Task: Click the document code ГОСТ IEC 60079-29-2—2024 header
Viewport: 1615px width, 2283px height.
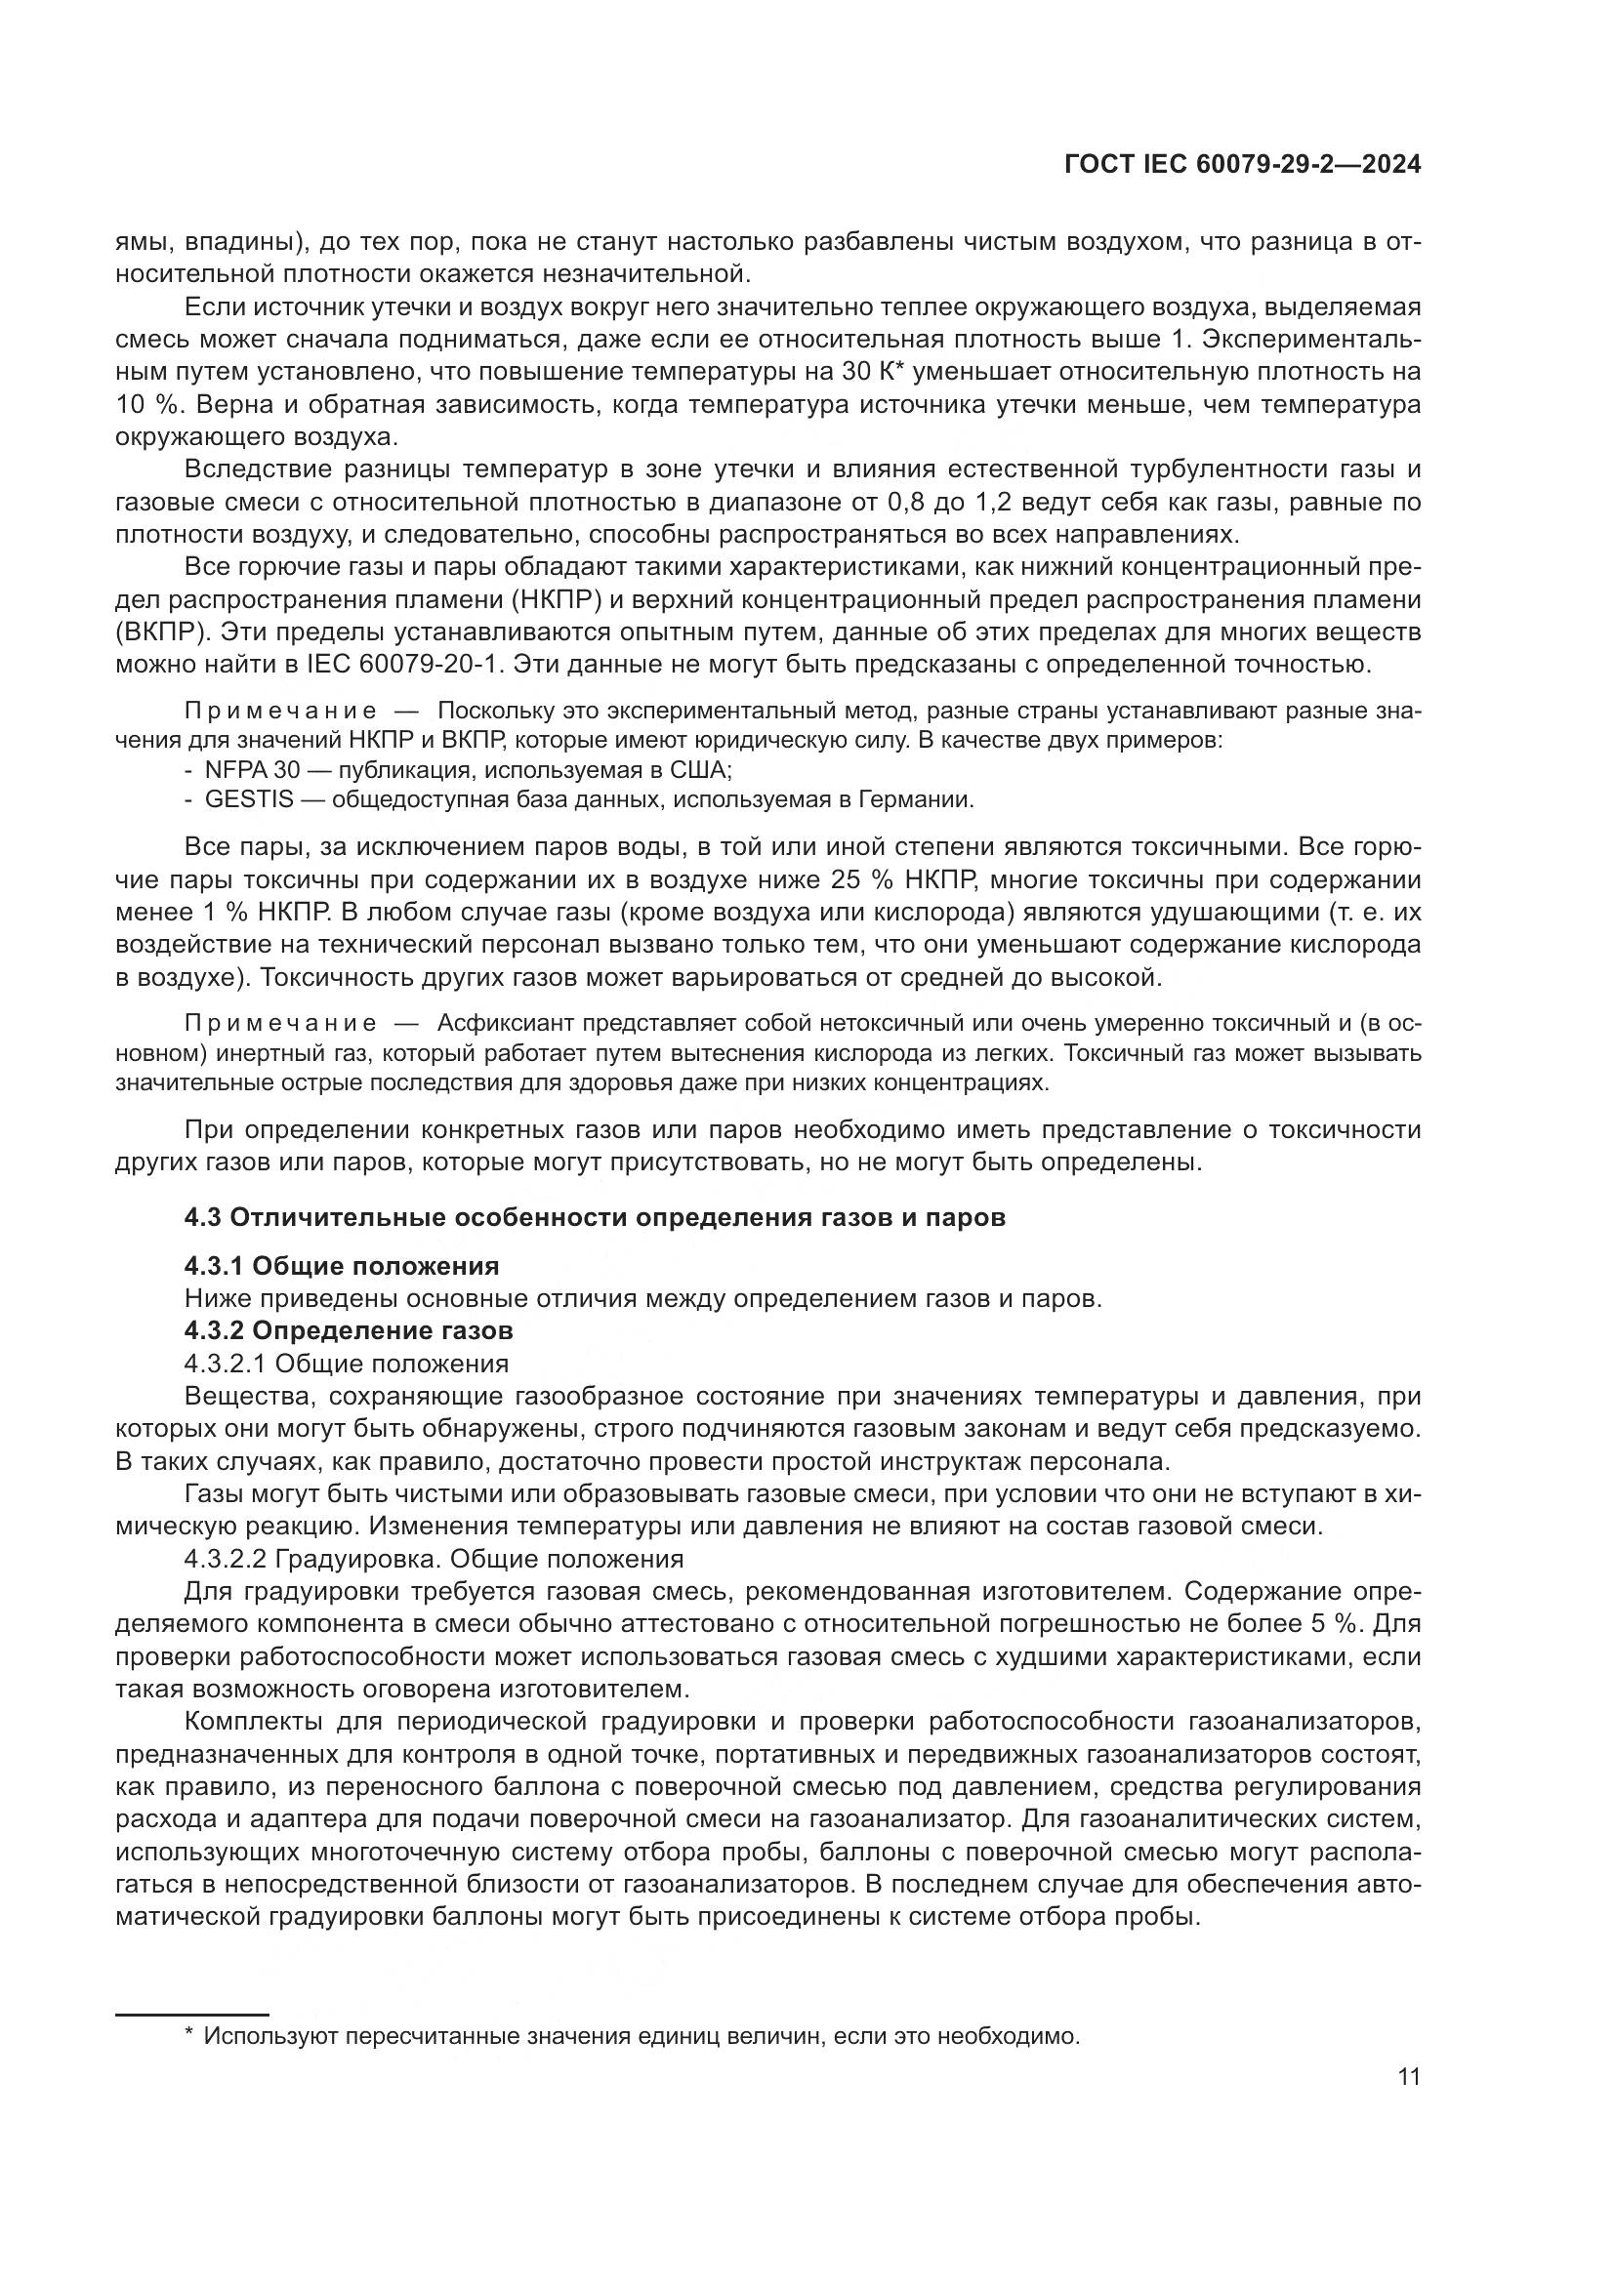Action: tap(1242, 164)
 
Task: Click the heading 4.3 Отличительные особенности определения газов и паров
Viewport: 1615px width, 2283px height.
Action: tap(595, 1217)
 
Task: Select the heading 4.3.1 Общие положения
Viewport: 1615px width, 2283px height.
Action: tap(341, 1266)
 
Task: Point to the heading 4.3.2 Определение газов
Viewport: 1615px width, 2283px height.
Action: tap(348, 1330)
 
